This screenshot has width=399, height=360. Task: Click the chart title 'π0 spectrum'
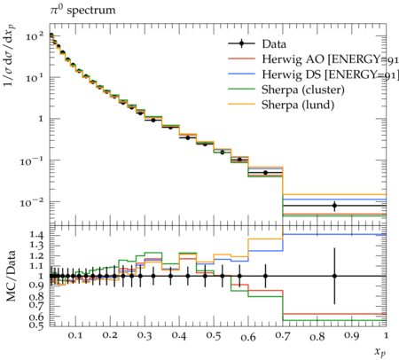[x=82, y=10]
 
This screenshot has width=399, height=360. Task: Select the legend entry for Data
[x=257, y=44]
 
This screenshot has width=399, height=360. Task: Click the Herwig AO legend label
[x=330, y=59]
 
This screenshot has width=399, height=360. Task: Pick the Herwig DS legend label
[x=330, y=74]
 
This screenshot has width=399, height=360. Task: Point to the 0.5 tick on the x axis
[x=214, y=335]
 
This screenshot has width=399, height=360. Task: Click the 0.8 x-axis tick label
[x=317, y=335]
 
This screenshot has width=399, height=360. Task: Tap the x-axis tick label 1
[x=386, y=335]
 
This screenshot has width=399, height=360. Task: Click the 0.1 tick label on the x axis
[x=75, y=335]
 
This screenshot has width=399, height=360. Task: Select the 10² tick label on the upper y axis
[x=35, y=36]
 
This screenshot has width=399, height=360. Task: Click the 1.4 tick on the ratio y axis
[x=36, y=235]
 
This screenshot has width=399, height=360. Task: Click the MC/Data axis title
[x=12, y=276]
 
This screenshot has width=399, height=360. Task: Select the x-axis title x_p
[x=380, y=352]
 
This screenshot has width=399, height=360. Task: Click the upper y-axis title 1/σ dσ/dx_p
[x=10, y=56]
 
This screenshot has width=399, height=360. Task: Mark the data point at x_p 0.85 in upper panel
[x=334, y=206]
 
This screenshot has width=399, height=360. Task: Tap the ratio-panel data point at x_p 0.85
[x=334, y=276]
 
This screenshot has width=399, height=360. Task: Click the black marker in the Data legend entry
[x=241, y=43]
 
